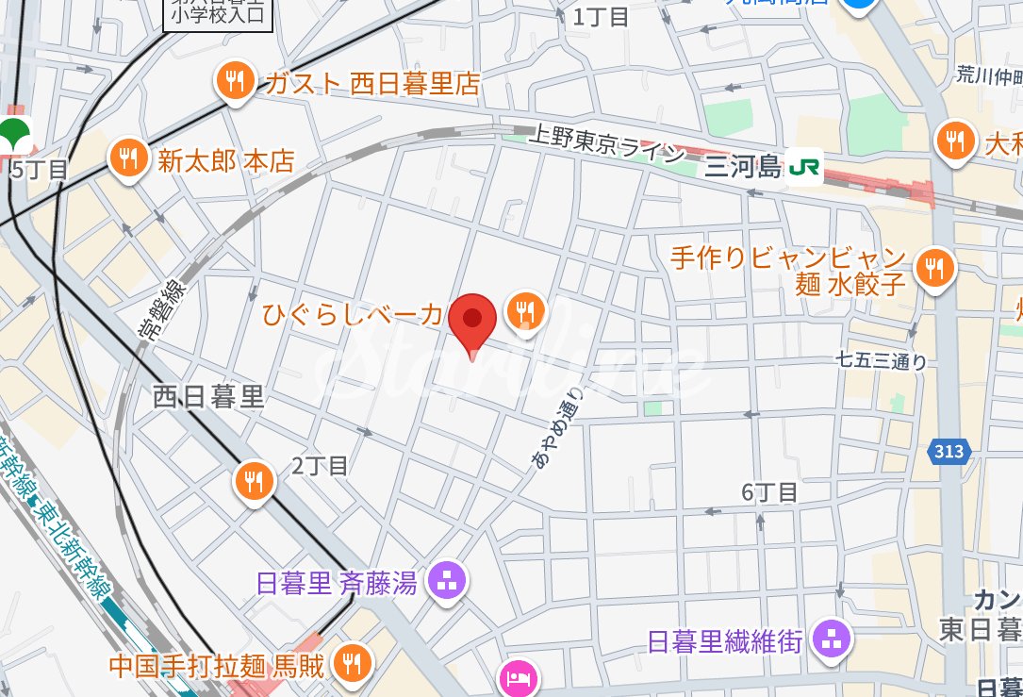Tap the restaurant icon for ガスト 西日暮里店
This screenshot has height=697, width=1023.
(233, 82)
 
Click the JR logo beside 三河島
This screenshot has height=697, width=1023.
(805, 168)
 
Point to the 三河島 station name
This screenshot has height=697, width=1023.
(744, 168)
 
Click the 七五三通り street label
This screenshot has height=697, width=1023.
(882, 360)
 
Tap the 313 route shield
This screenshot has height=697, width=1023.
(949, 452)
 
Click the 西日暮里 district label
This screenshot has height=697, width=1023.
(208, 397)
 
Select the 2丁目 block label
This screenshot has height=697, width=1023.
(320, 465)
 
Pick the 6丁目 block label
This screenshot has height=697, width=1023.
(769, 491)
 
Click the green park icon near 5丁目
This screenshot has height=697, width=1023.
(14, 134)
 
